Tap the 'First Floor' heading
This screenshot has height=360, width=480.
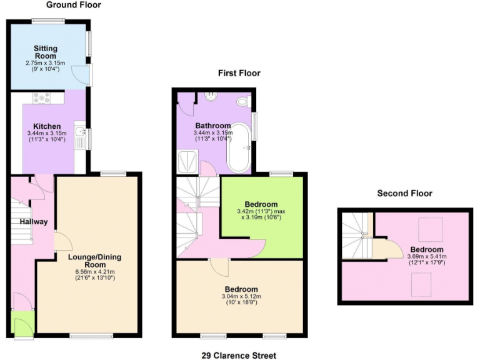point(239,73)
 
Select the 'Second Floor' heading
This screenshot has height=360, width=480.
point(404,193)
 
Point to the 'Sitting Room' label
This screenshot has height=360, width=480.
point(46,51)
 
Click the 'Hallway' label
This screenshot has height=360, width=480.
point(29,222)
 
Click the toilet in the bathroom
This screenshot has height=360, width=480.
point(242,101)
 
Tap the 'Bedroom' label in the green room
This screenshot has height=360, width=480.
point(261,204)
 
